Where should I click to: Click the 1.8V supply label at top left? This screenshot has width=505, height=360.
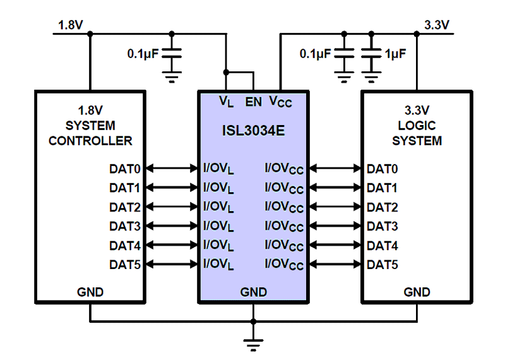[70, 25]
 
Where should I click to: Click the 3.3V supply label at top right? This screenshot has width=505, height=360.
[436, 25]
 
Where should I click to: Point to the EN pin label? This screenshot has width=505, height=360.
[253, 100]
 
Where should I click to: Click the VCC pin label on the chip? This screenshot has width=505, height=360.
[280, 101]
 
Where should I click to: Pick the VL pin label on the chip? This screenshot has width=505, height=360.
[226, 101]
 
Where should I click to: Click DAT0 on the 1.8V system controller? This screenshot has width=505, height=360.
[124, 169]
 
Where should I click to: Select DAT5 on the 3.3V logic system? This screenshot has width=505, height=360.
[383, 264]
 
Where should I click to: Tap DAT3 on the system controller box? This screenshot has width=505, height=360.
[124, 226]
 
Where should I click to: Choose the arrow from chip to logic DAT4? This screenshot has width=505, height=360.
[335, 245]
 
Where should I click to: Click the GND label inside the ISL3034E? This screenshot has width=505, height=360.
[253, 292]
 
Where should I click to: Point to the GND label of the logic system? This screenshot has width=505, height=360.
[417, 292]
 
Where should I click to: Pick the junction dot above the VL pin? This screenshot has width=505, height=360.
[226, 73]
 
